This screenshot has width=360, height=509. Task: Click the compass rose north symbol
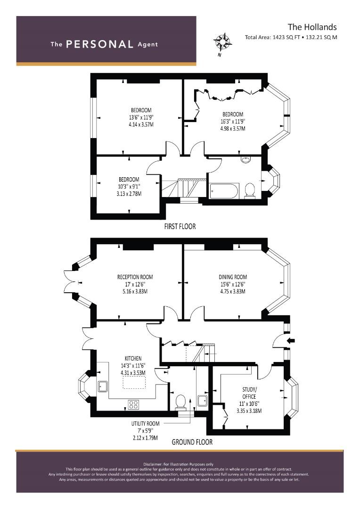tap(222, 42)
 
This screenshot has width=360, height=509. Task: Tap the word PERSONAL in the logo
tap(99, 44)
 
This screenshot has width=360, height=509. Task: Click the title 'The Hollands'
tap(312, 27)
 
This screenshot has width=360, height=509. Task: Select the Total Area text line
tap(291, 37)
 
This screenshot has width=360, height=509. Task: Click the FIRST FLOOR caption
tap(180, 226)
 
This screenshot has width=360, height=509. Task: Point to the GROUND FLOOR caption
tap(192, 442)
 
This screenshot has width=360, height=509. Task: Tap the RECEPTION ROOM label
tap(135, 277)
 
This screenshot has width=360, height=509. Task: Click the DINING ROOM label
tap(233, 277)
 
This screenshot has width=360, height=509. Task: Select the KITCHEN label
tap(133, 358)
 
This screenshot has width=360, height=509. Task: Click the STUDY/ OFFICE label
tap(249, 393)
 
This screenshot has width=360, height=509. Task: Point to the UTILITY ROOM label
tap(145, 423)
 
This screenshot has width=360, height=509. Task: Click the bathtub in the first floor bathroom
tap(224, 191)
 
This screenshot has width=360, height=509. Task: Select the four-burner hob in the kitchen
tap(133, 405)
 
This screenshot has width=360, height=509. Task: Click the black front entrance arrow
tap(291, 341)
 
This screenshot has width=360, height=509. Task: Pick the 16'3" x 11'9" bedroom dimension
tap(233, 122)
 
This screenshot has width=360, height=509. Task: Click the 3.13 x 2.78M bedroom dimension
tap(129, 194)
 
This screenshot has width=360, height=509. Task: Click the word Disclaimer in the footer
tap(152, 464)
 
